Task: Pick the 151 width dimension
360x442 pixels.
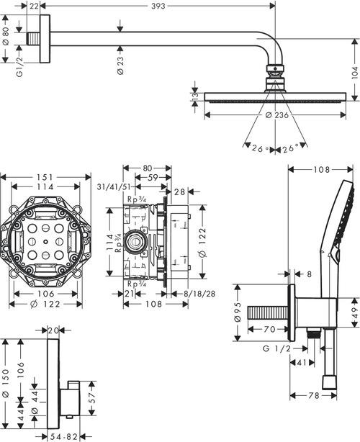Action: [x=47, y=177]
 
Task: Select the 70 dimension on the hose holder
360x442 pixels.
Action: [x=267, y=330]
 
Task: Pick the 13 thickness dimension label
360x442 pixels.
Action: [x=194, y=96]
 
